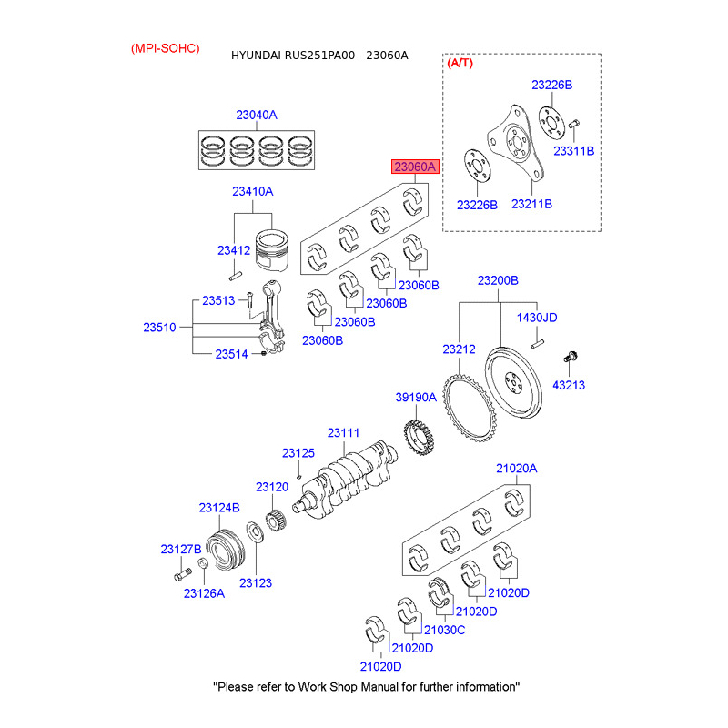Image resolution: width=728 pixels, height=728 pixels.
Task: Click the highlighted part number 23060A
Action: coord(416,167)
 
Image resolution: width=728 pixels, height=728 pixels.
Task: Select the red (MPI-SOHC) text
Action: coord(165,47)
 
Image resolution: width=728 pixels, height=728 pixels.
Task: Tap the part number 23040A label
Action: coord(256,116)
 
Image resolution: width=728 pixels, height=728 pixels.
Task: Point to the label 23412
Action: coord(233,249)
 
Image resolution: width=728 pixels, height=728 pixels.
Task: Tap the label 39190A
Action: coord(416,398)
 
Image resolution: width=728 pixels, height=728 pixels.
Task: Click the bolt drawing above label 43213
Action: coord(571,357)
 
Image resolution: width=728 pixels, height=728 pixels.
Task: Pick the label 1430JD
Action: coord(537,318)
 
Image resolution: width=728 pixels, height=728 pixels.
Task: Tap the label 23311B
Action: coord(575,151)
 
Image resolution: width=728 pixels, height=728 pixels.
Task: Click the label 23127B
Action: coord(181,549)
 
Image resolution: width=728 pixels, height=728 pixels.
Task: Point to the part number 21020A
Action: coord(516,469)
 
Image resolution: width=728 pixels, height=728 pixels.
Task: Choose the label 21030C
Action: coord(445,630)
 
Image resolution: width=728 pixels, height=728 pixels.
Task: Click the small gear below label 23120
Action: coord(276,522)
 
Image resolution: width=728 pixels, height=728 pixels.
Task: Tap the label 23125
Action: coord(298,452)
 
